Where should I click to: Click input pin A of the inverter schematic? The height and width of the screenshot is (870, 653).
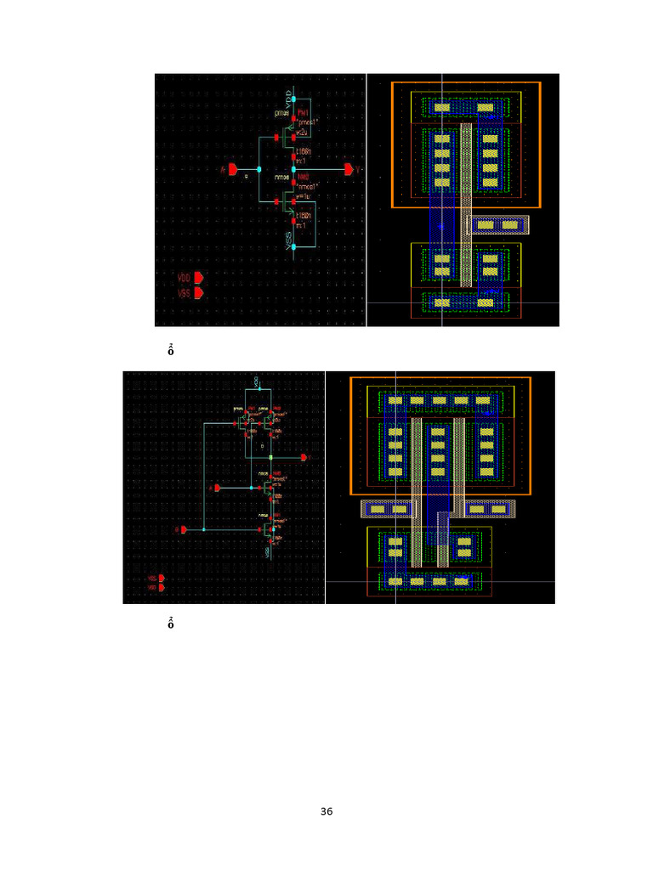232,170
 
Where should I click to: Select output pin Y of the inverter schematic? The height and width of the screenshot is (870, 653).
349,170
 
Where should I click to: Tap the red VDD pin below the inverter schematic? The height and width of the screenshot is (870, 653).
198,278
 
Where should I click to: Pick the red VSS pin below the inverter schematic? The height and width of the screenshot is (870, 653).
198,293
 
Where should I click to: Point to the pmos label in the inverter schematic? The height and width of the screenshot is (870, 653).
281,113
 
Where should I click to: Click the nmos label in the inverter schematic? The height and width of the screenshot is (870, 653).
281,177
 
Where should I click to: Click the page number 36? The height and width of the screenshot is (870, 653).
326,812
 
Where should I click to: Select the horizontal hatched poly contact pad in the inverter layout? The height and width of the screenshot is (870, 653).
498,224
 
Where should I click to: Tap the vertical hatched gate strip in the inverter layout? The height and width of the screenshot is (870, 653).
466,204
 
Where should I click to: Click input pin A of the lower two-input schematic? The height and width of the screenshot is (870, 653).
218,488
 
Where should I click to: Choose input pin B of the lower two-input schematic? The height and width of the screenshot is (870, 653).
182,529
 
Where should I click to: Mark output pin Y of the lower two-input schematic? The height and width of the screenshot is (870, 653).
302,457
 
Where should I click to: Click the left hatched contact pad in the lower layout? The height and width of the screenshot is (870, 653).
388,509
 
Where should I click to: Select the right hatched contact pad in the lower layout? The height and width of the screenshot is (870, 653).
488,509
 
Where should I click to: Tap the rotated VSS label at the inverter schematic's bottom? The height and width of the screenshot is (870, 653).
289,237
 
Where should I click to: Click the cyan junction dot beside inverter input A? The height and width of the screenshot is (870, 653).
259,169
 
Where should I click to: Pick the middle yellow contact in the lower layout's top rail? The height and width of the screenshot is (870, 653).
439,400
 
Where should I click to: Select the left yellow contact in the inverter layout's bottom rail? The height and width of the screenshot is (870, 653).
442,302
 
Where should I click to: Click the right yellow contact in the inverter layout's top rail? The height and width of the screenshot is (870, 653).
485,108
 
